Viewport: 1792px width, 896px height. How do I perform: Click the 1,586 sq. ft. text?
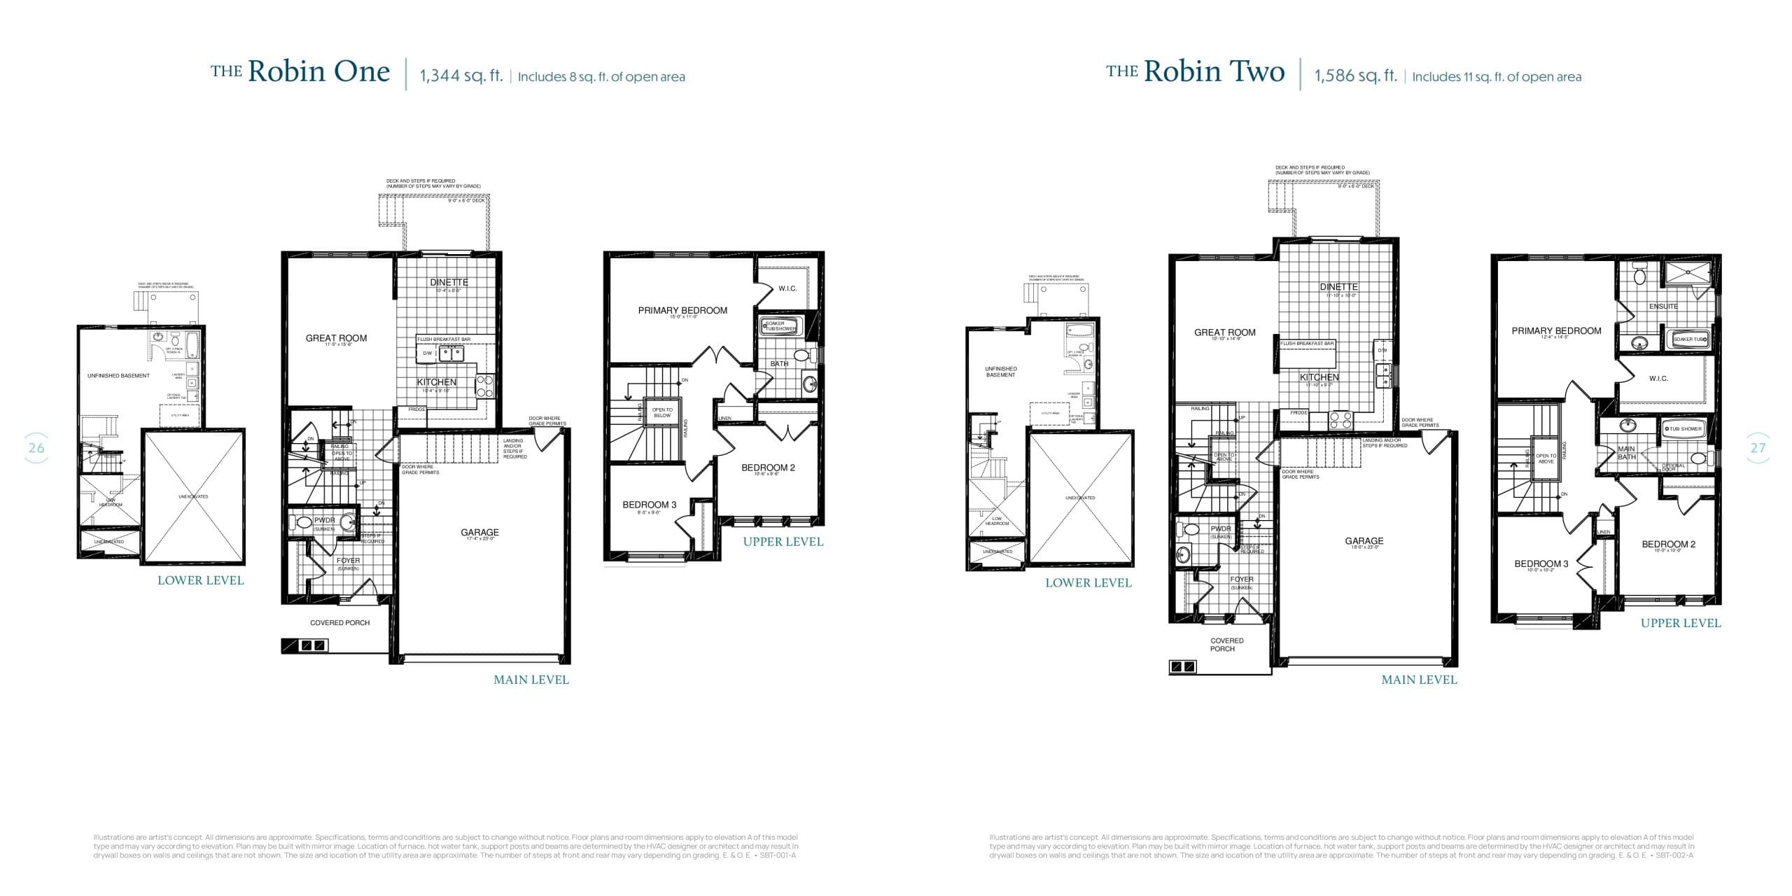1355,76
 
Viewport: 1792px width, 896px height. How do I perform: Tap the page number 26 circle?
36,448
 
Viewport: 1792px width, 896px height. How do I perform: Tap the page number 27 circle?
1758,448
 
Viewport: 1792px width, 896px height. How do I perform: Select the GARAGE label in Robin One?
479,533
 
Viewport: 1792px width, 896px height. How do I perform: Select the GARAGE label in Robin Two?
1364,541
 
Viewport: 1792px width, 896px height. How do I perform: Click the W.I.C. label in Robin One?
787,288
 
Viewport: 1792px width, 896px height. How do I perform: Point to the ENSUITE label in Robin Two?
1663,307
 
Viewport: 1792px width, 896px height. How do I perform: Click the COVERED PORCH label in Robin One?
339,623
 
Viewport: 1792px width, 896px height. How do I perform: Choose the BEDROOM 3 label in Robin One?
649,505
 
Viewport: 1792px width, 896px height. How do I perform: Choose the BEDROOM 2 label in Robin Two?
1668,545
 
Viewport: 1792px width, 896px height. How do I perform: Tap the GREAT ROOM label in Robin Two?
1224,332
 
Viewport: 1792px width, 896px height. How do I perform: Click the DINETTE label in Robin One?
449,283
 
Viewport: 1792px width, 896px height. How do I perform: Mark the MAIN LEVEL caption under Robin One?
531,680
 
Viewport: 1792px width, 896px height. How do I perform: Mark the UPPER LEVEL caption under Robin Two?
1680,623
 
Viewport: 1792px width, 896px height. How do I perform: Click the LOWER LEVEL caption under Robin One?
200,580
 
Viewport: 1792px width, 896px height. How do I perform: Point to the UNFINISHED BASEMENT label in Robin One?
118,376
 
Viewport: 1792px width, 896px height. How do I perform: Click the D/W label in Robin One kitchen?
427,353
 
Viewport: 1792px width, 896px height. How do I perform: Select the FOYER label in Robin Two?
1241,580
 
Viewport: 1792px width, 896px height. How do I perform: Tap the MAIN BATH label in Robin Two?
1626,453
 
